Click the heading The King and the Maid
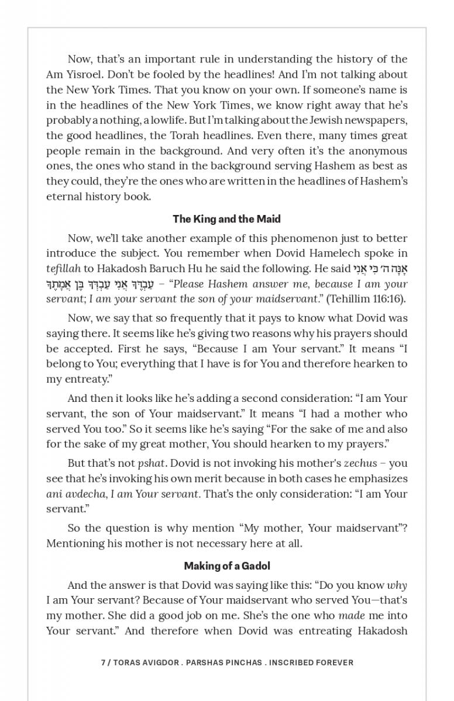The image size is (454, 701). point(226,219)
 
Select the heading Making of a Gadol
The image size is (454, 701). point(226,566)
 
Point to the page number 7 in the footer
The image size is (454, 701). point(103,662)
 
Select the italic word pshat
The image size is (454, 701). point(153,463)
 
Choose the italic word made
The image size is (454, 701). point(351,616)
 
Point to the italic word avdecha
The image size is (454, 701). point(83,494)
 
